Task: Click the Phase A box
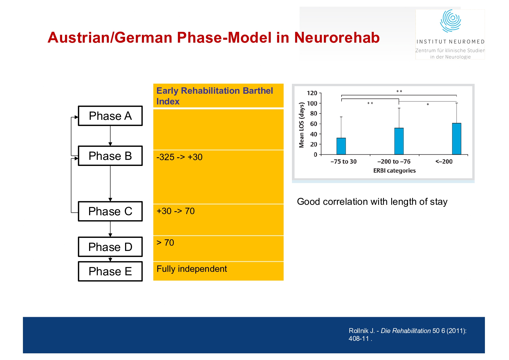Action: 110,116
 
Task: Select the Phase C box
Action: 110,211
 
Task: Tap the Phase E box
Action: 110,271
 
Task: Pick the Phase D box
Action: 110,247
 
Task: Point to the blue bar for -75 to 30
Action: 341,146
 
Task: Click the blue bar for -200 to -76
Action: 399,141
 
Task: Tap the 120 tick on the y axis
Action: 312,93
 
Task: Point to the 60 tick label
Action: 313,124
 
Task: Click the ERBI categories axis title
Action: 394,171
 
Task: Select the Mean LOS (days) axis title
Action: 302,125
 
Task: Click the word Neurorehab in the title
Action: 337,38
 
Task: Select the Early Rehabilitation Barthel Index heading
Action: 214,96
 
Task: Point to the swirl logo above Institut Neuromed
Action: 450,21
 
